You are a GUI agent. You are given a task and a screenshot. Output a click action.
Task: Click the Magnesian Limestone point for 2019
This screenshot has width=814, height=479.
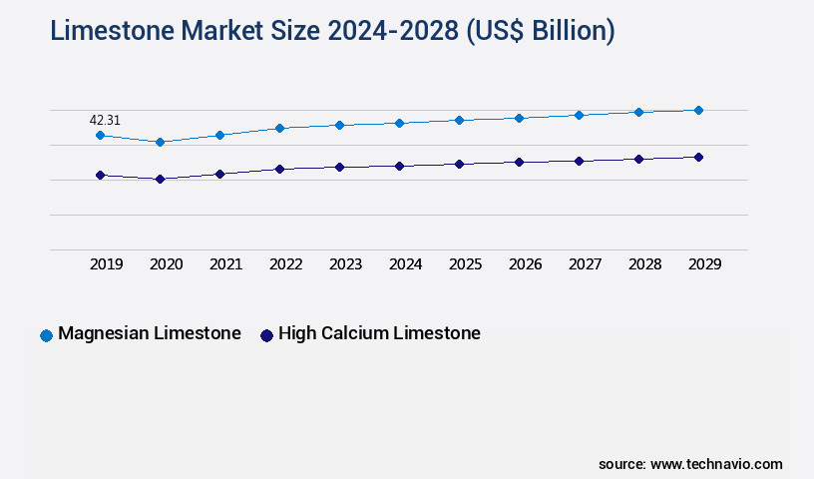point(100,135)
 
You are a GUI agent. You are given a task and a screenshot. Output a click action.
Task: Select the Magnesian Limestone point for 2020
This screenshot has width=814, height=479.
point(160,142)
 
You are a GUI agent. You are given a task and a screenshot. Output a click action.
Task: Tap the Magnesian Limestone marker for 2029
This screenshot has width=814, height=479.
point(698,110)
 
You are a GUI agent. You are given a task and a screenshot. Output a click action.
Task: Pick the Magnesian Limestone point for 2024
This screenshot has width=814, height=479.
point(399,123)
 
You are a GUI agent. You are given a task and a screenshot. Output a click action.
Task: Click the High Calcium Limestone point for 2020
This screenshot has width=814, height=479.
point(160,180)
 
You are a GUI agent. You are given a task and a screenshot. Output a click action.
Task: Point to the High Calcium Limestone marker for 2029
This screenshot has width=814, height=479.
point(698,157)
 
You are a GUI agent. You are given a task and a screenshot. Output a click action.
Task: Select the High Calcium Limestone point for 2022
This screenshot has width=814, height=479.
point(279,169)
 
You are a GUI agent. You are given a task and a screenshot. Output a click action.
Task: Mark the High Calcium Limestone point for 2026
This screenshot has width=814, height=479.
point(519,162)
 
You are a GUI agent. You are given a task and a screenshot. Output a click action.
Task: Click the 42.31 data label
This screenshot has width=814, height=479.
point(105,120)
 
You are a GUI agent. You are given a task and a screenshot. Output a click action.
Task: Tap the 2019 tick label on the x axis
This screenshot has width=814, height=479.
point(107,264)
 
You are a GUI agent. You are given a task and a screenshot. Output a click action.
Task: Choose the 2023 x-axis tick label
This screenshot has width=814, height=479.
point(346,264)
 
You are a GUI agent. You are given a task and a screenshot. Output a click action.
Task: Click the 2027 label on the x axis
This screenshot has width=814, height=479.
point(586,264)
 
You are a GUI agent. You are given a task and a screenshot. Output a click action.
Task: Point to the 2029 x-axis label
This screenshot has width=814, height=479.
point(705,264)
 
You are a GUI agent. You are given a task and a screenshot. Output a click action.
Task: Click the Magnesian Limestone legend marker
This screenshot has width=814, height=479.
point(46,335)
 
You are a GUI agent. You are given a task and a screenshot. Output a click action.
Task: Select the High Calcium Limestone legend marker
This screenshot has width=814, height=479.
point(266,335)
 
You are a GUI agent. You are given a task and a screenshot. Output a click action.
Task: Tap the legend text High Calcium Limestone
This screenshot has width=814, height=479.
point(379,333)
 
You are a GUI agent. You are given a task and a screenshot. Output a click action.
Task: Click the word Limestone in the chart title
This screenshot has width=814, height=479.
point(111,32)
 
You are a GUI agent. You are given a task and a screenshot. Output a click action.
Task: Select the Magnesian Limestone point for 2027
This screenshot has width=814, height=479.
point(579,115)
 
